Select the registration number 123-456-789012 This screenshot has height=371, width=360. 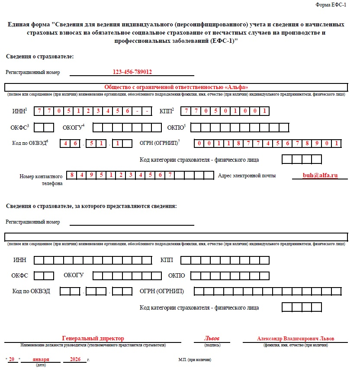[x=132, y=72]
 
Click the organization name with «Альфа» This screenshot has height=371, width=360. [x=176, y=87]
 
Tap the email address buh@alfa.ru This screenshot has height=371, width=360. [x=320, y=176]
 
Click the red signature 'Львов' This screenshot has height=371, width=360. [x=212, y=338]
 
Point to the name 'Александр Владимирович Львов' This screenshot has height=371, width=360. [x=296, y=339]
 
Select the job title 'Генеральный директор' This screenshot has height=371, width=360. [x=93, y=338]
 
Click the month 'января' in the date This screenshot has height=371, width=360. [x=41, y=359]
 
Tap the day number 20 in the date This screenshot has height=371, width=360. [x=12, y=359]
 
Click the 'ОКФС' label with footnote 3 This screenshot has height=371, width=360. [x=19, y=127]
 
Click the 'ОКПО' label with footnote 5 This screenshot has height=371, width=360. [x=177, y=127]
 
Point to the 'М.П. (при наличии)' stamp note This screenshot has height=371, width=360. [x=195, y=360]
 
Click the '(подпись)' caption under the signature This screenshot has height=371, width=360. [x=212, y=345]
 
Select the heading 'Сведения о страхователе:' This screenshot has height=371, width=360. [x=40, y=57]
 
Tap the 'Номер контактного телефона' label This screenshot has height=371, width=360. [x=42, y=179]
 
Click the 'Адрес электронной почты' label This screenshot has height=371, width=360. [x=247, y=176]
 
